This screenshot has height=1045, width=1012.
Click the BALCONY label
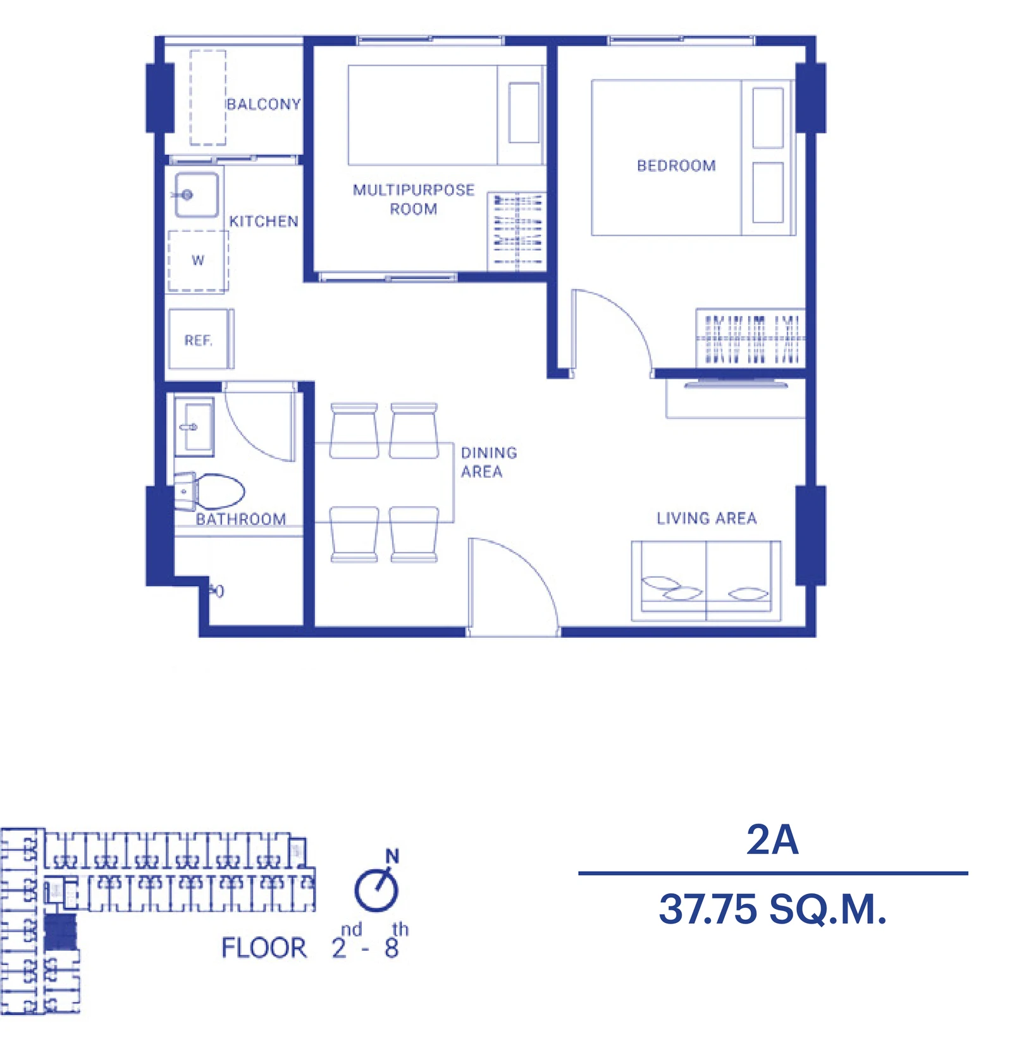click(263, 104)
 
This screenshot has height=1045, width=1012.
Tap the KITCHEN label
click(263, 221)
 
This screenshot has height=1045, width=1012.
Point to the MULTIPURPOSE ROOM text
click(414, 199)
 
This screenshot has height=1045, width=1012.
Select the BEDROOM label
click(676, 166)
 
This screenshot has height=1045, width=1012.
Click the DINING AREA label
click(489, 462)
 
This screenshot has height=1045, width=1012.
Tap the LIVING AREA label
click(707, 518)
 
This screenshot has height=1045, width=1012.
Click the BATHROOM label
click(241, 519)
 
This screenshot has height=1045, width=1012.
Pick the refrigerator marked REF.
click(201, 339)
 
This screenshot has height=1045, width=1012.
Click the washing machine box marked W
click(198, 260)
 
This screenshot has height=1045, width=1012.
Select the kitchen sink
click(197, 195)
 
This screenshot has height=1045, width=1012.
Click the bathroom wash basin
click(194, 427)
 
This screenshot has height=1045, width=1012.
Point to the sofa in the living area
click(706, 580)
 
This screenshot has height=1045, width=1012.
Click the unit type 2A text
click(772, 840)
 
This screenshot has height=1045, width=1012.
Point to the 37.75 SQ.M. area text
click(773, 909)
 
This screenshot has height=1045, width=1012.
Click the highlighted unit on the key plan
click(61, 932)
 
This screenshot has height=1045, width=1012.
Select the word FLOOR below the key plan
click(264, 948)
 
